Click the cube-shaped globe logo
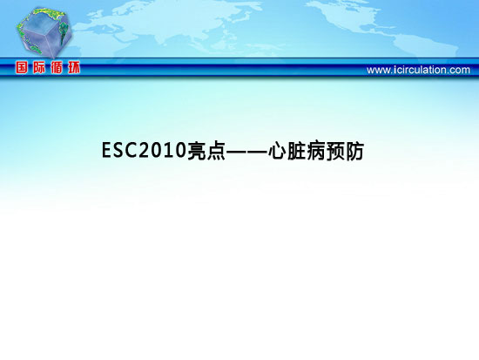pyautogui.click(x=44, y=32)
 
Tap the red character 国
pyautogui.click(x=22, y=67)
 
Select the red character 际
pyautogui.click(x=39, y=67)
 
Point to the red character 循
pyautogui.click(x=57, y=67)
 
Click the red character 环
pyautogui.click(x=74, y=67)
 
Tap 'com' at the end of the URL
pyautogui.click(x=460, y=71)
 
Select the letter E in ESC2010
pyautogui.click(x=107, y=150)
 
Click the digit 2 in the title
pyautogui.click(x=145, y=150)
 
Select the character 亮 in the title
pyautogui.click(x=197, y=151)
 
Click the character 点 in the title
pyautogui.click(x=216, y=151)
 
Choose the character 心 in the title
pyautogui.click(x=277, y=151)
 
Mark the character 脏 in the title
pyautogui.click(x=296, y=151)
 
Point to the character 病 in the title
pyautogui.click(x=316, y=151)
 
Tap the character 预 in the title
pyautogui.click(x=335, y=151)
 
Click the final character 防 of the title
pyautogui.click(x=354, y=151)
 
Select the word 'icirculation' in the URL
pyautogui.click(x=420, y=70)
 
